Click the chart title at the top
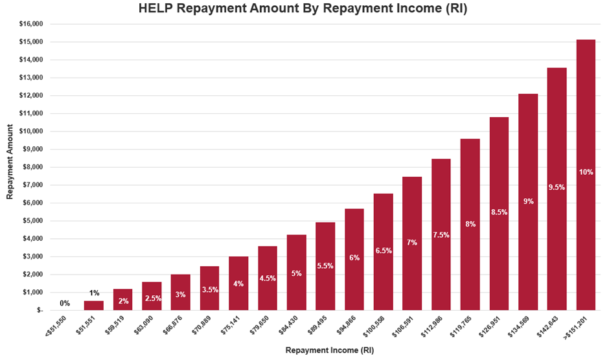coord(304,9)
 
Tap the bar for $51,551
coord(94,306)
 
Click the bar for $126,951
coord(499,214)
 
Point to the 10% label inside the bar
coord(586,172)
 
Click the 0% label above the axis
coord(65,303)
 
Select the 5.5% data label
coord(325,266)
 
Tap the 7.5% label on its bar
coord(441,235)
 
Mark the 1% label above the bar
coord(94,293)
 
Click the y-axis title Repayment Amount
coord(10,166)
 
